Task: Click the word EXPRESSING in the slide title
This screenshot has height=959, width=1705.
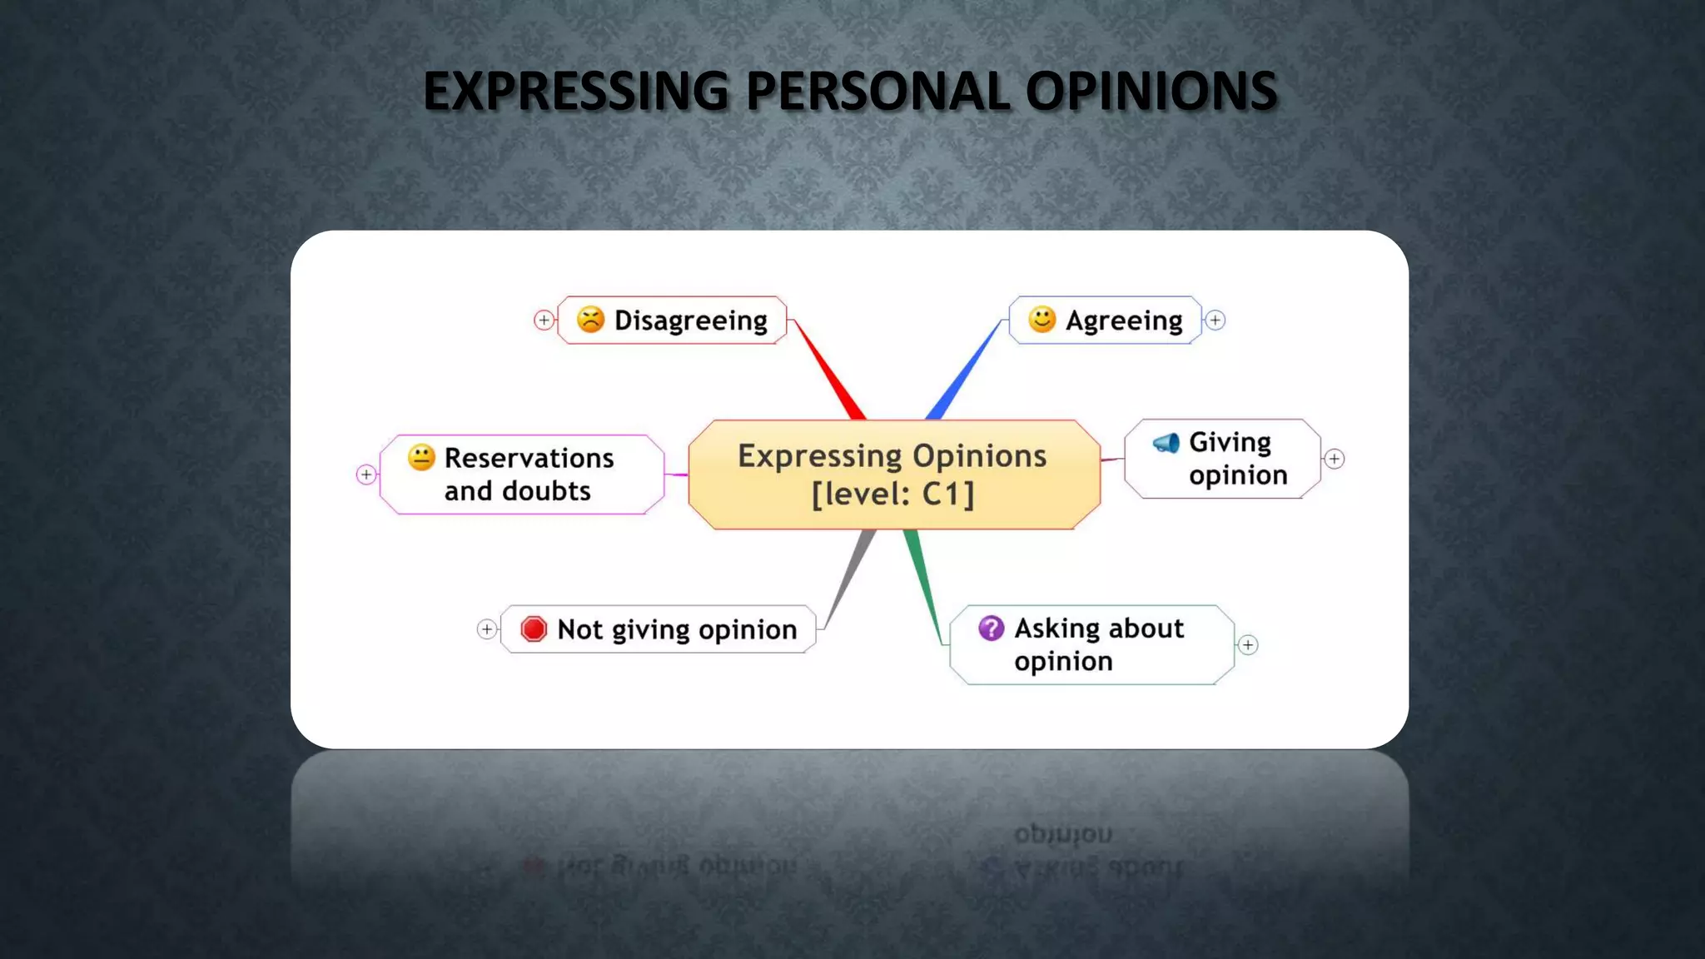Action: (575, 91)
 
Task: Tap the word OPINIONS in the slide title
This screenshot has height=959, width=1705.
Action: (1151, 91)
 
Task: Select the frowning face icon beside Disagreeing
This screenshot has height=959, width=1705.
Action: (590, 320)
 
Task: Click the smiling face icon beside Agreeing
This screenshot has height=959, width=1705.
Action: (1041, 319)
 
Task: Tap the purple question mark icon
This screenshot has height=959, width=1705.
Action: (991, 628)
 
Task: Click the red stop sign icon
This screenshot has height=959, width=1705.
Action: (534, 629)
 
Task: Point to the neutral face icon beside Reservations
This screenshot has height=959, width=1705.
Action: (421, 457)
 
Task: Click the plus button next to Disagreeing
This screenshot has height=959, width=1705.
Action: (544, 320)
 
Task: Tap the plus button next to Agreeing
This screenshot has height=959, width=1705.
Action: (1215, 320)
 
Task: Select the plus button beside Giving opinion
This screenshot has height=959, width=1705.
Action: (1335, 459)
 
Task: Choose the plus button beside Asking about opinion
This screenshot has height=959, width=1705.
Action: (1248, 644)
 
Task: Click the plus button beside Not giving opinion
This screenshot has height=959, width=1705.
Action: (487, 629)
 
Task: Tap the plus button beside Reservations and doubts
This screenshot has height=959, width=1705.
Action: (366, 475)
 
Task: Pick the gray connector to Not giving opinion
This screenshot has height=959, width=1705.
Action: (849, 578)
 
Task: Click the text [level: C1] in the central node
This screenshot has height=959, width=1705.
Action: (892, 494)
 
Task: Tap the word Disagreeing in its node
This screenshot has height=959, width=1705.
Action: (690, 320)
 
